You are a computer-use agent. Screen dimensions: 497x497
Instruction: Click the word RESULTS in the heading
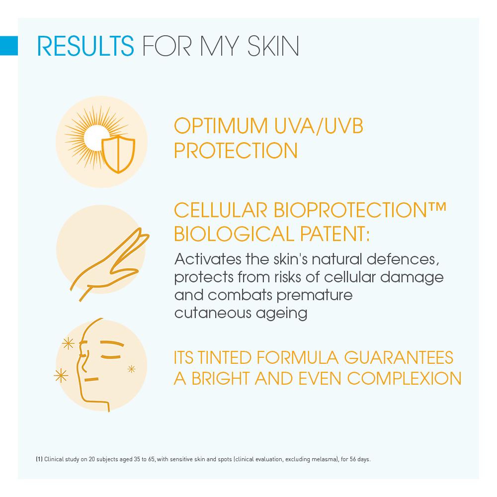85,46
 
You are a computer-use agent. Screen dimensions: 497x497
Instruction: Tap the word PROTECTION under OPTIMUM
236,151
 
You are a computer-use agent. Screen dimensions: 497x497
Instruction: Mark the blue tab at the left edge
8,45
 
